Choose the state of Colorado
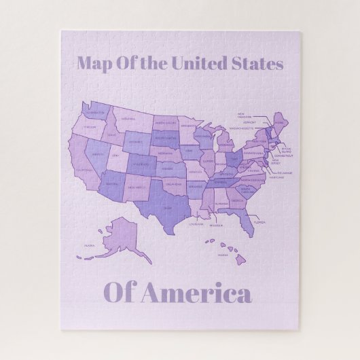pyautogui.click(x=139, y=164)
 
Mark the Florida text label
pyautogui.click(x=259, y=221)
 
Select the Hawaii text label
pyautogui.click(x=222, y=255)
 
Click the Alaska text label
pyautogui.click(x=89, y=247)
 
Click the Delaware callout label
pyautogui.click(x=285, y=173)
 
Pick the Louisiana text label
pyautogui.click(x=196, y=223)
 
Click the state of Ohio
pyautogui.click(x=236, y=158)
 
